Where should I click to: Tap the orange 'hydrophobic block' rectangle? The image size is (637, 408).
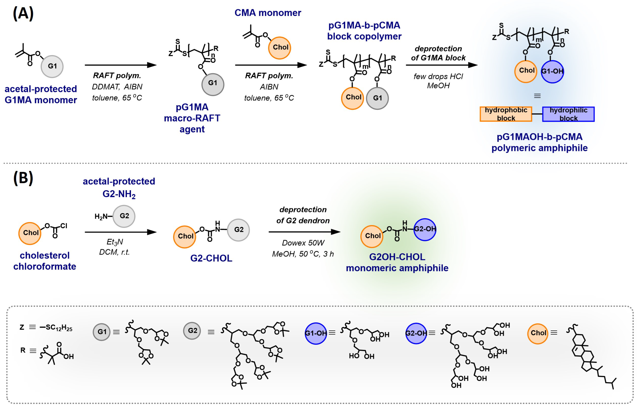coord(506,114)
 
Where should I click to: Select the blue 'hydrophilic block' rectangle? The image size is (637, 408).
coord(568,114)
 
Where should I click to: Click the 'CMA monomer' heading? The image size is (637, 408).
coord(268,13)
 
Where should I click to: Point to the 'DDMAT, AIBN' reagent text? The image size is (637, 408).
coord(117,87)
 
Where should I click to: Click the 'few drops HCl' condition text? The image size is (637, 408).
coord(438,77)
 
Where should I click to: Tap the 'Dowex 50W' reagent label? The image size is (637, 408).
coord(303,243)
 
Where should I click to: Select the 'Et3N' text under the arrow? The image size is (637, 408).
coord(115,242)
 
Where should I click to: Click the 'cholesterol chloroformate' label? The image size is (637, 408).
coord(45,261)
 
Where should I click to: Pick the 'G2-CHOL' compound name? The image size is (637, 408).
coord(211,258)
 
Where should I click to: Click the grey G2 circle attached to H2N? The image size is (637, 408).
coord(124,216)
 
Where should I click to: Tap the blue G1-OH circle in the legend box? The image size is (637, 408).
coord(316,333)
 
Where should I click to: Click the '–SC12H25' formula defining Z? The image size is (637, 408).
coord(56,328)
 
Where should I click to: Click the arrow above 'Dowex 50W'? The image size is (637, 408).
coord(304,232)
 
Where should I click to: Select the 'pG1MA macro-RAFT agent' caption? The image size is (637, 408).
coord(192,118)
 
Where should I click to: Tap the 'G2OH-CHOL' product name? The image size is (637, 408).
coord(397,257)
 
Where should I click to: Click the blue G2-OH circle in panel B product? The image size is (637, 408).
coord(425,229)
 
